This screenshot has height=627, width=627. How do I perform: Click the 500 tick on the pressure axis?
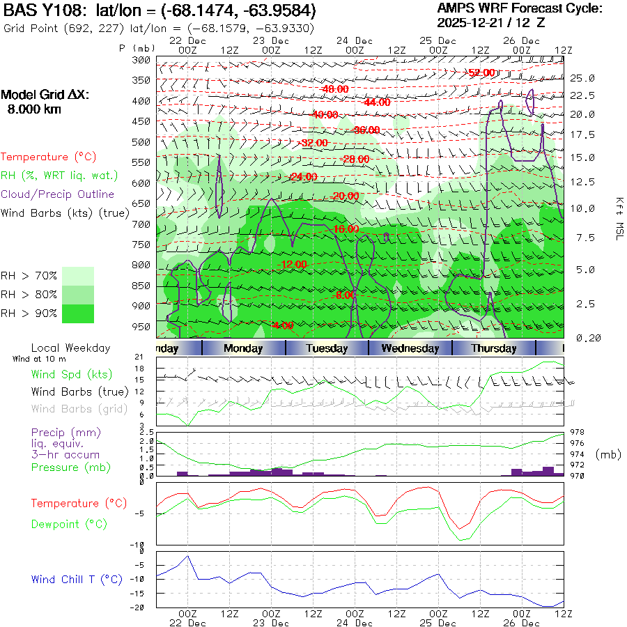141,142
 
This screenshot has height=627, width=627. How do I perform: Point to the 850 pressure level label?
141,286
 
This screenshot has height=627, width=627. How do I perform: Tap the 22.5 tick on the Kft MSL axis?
582,95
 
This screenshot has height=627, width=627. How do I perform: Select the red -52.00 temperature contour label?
481,72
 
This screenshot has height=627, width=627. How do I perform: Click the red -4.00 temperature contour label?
283,325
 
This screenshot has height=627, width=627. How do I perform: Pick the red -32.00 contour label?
313,143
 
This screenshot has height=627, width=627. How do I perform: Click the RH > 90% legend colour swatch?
79,313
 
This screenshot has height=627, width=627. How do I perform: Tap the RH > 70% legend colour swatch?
79,275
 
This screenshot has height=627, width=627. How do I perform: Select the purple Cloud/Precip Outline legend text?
58,194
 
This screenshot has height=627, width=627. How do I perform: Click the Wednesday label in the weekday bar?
410,348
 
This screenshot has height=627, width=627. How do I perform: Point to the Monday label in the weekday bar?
243,348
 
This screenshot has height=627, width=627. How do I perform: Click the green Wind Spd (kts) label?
71,374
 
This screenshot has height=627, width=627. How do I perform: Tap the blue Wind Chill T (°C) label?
77,579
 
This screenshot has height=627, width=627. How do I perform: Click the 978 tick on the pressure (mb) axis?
578,432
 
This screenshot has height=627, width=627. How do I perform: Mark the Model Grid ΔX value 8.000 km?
33,109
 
